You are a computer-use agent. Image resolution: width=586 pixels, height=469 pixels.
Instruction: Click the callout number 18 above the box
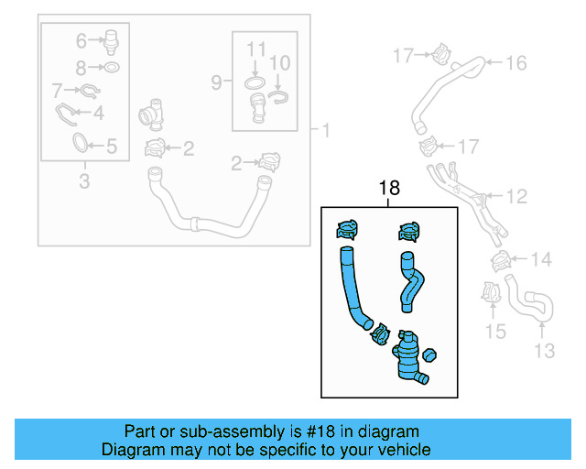pos(390,189)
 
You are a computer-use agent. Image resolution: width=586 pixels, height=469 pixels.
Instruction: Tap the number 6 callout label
pos(81,40)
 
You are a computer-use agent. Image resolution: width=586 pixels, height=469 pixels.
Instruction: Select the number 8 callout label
pos(81,68)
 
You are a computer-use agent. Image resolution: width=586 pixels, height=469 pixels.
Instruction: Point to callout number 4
pos(98,115)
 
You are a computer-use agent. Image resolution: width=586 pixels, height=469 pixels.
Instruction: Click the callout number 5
pos(111,145)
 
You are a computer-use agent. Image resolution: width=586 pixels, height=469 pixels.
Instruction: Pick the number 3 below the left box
pos(84,181)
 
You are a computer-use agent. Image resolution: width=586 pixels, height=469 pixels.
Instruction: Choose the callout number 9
pos(216,82)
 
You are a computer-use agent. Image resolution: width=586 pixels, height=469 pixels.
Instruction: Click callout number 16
pos(516,62)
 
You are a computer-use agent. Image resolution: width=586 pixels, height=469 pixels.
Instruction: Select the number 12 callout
pos(517,196)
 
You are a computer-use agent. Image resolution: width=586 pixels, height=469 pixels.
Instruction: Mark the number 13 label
pos(544,350)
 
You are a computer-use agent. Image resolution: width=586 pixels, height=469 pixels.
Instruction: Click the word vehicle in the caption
pos(404,450)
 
